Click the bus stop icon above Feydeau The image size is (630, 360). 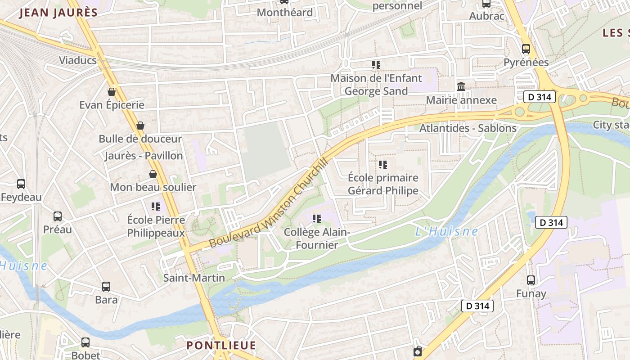point(21,184)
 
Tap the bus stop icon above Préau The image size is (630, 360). point(58,216)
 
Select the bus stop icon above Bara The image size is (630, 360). point(106,286)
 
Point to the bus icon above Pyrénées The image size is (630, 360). point(526,49)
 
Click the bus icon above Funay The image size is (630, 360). point(531,280)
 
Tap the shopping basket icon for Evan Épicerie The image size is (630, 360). point(112,92)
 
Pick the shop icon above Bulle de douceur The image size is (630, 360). point(140,126)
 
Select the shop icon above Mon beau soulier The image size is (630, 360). point(153,174)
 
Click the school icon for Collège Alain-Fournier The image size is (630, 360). point(317,219)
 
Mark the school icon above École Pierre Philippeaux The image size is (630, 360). point(156,207)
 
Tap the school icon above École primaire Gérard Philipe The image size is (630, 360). point(383,165)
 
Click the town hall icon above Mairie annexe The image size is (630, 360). point(461,86)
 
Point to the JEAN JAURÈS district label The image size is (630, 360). point(58,13)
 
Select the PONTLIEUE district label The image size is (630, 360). point(221,346)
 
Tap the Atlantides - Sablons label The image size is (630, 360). point(468,128)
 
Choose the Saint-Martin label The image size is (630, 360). point(194,278)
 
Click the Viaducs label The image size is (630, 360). point(78,60)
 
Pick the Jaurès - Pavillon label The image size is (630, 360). point(144,156)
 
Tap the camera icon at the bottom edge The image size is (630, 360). point(418,351)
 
